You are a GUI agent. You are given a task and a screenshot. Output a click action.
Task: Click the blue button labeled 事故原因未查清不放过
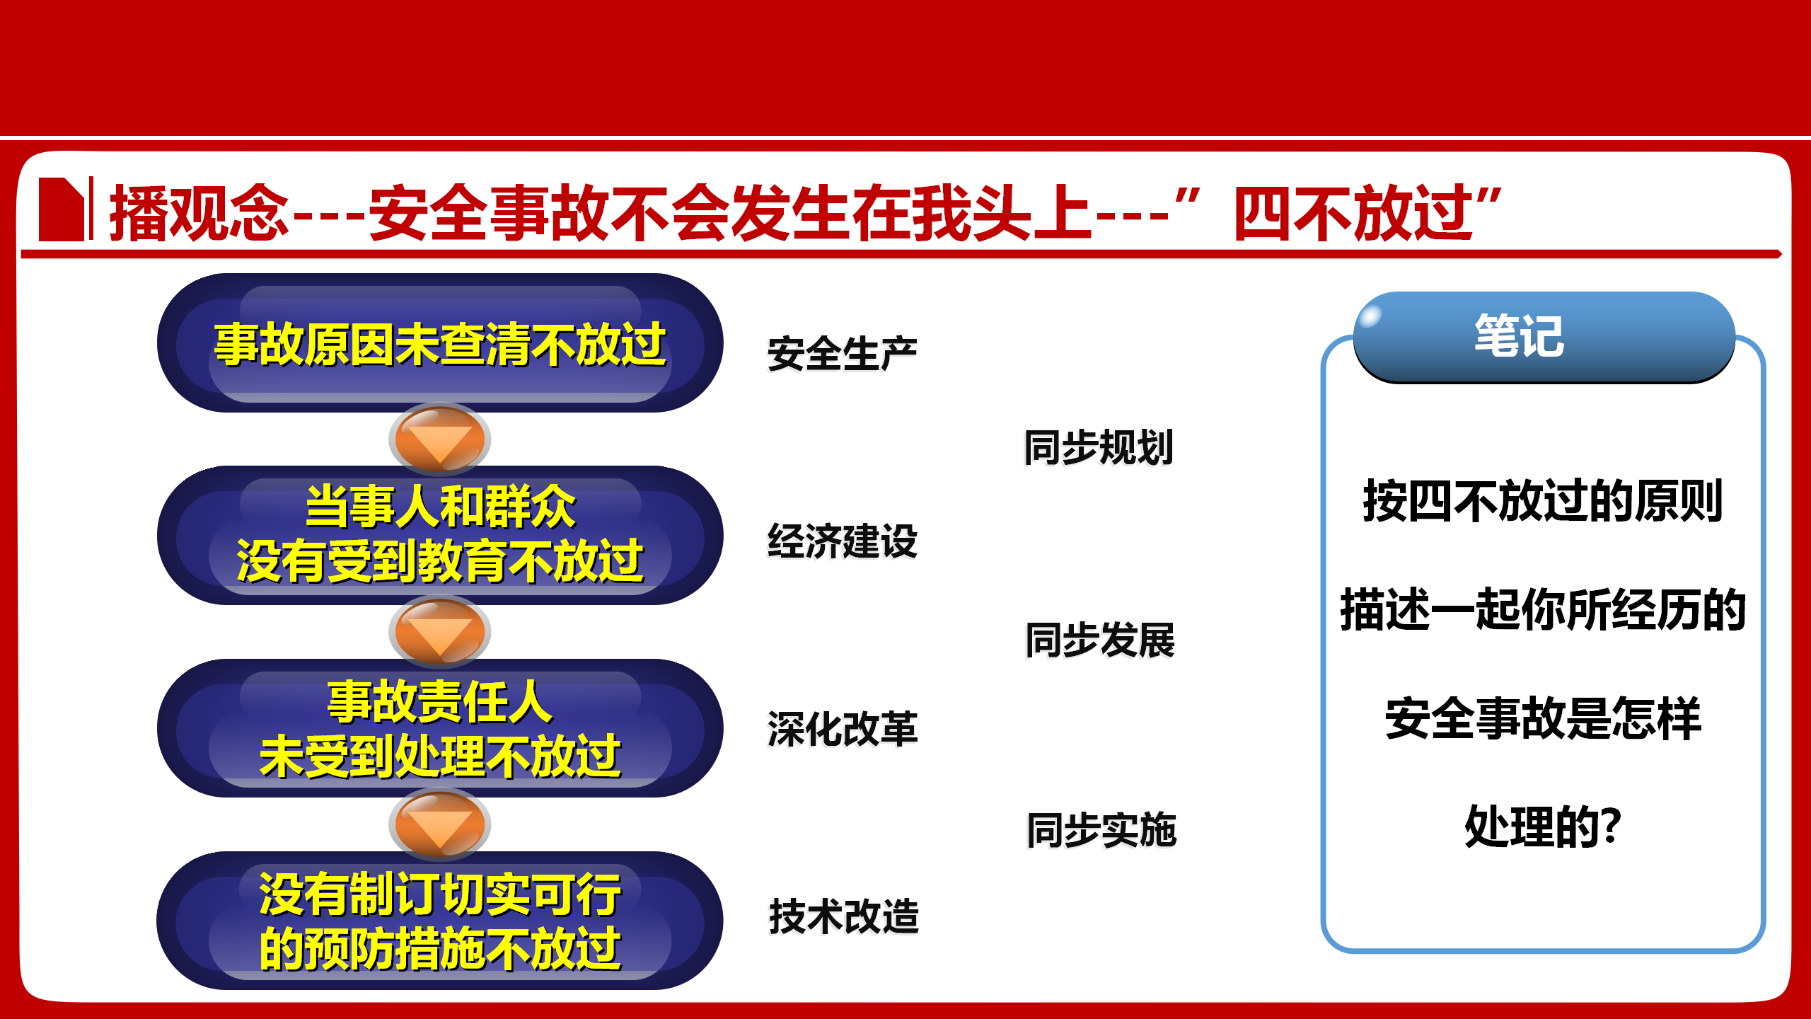(440, 343)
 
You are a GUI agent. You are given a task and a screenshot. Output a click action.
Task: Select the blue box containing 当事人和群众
(440, 535)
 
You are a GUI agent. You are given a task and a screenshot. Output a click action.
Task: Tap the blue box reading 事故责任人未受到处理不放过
(440, 728)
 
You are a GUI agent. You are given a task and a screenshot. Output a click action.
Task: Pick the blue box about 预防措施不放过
(440, 921)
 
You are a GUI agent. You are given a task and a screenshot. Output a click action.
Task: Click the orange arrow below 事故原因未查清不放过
(440, 439)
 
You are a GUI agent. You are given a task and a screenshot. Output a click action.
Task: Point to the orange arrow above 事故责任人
(440, 632)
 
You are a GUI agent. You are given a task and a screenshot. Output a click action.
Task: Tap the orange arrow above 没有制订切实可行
(440, 824)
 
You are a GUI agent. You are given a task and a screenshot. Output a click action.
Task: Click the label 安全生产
(843, 354)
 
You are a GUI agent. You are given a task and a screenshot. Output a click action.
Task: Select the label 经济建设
(843, 541)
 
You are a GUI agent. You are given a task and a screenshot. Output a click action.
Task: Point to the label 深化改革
(843, 729)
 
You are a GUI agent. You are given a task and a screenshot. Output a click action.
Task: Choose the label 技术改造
(844, 916)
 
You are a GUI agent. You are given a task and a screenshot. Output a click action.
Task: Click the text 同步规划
(1099, 447)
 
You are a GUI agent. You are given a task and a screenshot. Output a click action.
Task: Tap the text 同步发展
(1100, 640)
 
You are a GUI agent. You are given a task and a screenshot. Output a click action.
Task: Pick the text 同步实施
(1101, 829)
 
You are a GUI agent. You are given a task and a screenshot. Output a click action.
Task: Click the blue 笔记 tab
(1544, 337)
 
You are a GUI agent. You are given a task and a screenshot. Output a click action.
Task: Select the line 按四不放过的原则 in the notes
(1543, 501)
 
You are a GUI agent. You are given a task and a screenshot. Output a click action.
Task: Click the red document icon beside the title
(62, 209)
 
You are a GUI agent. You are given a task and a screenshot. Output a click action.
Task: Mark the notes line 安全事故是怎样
(1543, 718)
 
